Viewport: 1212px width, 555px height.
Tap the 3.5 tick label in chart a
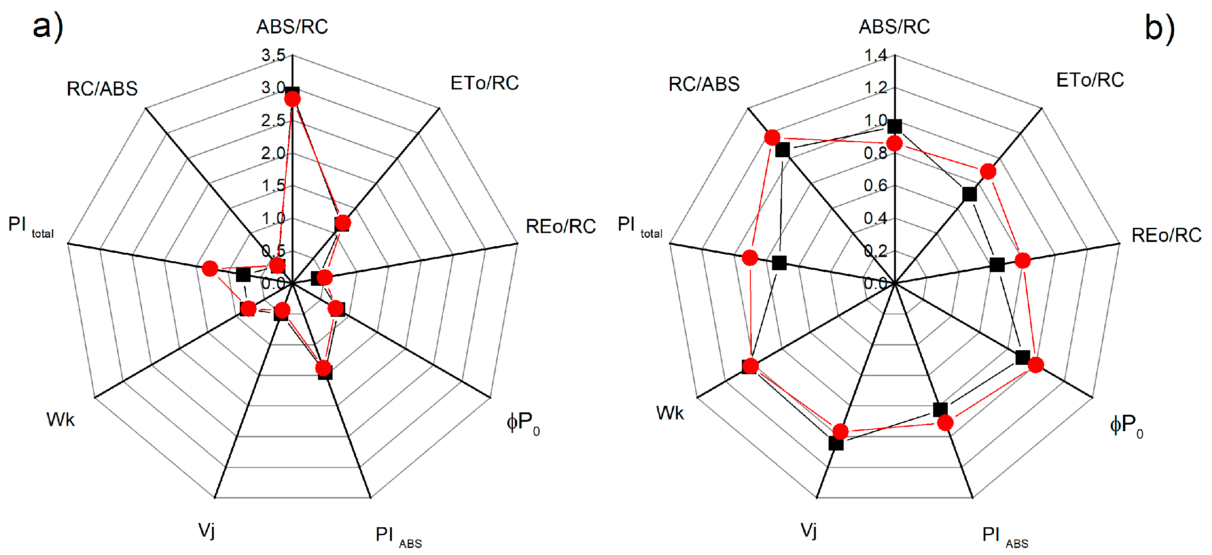tap(274, 56)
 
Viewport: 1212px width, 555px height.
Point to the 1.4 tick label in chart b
tap(876, 56)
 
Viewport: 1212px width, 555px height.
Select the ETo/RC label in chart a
tap(484, 83)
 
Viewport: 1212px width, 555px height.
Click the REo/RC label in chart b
tap(1166, 235)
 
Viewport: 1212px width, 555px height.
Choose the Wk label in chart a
tap(60, 419)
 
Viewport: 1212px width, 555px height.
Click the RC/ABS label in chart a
tap(102, 89)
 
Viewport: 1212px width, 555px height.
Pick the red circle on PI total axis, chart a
tap(210, 269)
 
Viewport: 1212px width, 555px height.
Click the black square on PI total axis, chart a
tap(243, 274)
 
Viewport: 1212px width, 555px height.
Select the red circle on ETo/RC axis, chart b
tap(988, 171)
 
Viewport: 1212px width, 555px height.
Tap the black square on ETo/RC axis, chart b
tap(969, 194)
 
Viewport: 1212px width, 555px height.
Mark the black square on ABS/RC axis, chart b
tap(895, 126)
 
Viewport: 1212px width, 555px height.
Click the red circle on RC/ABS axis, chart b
tap(772, 137)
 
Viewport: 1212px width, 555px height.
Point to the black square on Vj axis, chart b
tap(836, 443)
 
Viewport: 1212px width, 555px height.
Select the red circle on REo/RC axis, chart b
tap(1023, 260)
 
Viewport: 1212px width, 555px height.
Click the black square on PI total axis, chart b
tap(780, 263)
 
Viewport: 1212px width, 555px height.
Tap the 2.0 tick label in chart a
tap(274, 153)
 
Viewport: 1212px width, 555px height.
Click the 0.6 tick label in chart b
tap(876, 186)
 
